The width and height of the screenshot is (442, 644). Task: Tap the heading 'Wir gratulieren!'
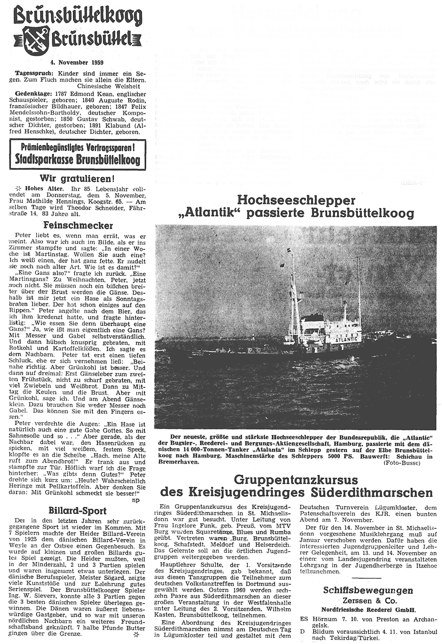[77, 179]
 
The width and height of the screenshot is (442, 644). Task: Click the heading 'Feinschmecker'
[78, 225]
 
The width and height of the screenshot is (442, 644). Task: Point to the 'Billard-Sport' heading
[77, 511]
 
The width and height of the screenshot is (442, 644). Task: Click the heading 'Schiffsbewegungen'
[368, 590]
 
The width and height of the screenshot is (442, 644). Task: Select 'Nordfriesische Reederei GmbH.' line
[368, 610]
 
